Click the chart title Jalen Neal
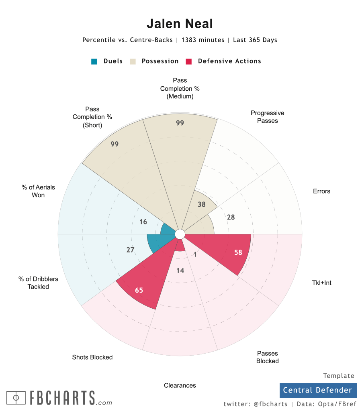coord(180,24)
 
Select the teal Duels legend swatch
coord(94,61)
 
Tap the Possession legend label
coord(160,61)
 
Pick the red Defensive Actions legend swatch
coord(189,61)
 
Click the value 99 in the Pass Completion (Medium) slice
coord(180,123)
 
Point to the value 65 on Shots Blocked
coord(139,290)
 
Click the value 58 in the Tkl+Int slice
coord(238,252)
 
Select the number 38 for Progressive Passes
coord(202,204)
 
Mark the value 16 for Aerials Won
coord(143,222)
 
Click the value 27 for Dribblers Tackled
coord(130,250)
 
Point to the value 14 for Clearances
coord(180,271)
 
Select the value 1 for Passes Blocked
coord(195,254)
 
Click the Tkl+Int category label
coord(321,283)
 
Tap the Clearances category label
coord(180,385)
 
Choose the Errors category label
coord(321,191)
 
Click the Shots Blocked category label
coord(92,357)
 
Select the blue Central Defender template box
coord(317,390)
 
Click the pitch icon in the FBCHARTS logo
coord(16,398)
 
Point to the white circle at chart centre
coord(180,234)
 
